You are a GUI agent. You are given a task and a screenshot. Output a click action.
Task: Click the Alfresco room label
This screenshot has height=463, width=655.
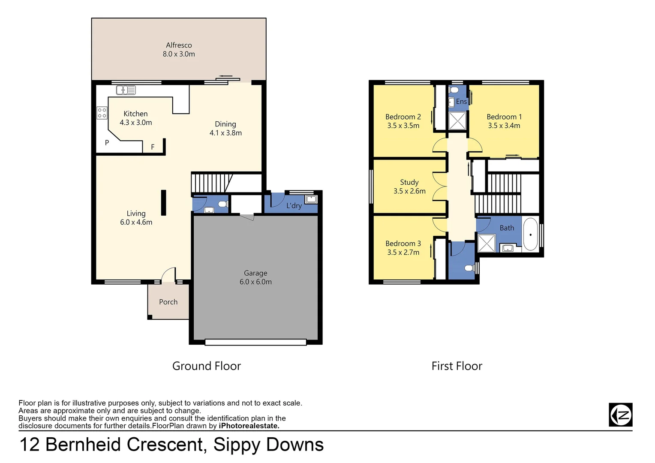pos(179,45)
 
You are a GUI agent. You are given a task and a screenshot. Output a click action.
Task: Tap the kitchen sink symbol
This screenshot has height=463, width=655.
pos(126,90)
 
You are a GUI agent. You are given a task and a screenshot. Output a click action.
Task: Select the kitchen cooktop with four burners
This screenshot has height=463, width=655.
pos(102,113)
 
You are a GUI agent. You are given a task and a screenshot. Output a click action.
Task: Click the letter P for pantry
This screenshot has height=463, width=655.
pos(107,143)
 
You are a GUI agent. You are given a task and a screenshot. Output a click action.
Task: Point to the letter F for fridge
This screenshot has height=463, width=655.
pos(153,147)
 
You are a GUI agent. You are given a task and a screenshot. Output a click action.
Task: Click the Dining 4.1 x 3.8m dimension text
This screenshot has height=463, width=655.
pos(225,133)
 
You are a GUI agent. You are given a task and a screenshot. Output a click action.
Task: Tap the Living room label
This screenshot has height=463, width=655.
pos(136,213)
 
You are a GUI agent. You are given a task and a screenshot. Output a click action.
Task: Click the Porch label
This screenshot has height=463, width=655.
pos(168,302)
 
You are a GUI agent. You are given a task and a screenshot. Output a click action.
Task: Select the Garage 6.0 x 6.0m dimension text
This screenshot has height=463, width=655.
pos(255,282)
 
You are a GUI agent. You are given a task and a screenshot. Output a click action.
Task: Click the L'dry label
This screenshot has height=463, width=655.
pos(294,206)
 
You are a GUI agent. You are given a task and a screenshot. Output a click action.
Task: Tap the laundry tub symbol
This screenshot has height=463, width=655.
pos(311,199)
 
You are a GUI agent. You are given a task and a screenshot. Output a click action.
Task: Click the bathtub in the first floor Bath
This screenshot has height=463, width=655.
pos(530,235)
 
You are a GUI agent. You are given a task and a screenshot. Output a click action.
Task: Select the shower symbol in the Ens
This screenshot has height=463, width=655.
pos(457,120)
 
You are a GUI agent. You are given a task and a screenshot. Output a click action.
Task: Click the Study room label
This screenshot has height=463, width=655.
pos(409,182)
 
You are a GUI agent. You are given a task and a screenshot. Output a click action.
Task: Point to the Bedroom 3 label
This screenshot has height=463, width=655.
pos(403,244)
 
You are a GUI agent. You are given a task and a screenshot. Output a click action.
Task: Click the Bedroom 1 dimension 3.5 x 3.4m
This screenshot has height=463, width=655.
pos(504,126)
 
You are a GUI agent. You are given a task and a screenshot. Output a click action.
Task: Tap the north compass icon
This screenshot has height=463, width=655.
pos(620,415)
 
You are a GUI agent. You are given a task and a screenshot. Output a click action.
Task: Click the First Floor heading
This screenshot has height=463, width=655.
pos(457,366)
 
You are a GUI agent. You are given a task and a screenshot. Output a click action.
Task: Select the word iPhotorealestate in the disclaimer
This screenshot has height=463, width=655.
pos(249,426)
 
